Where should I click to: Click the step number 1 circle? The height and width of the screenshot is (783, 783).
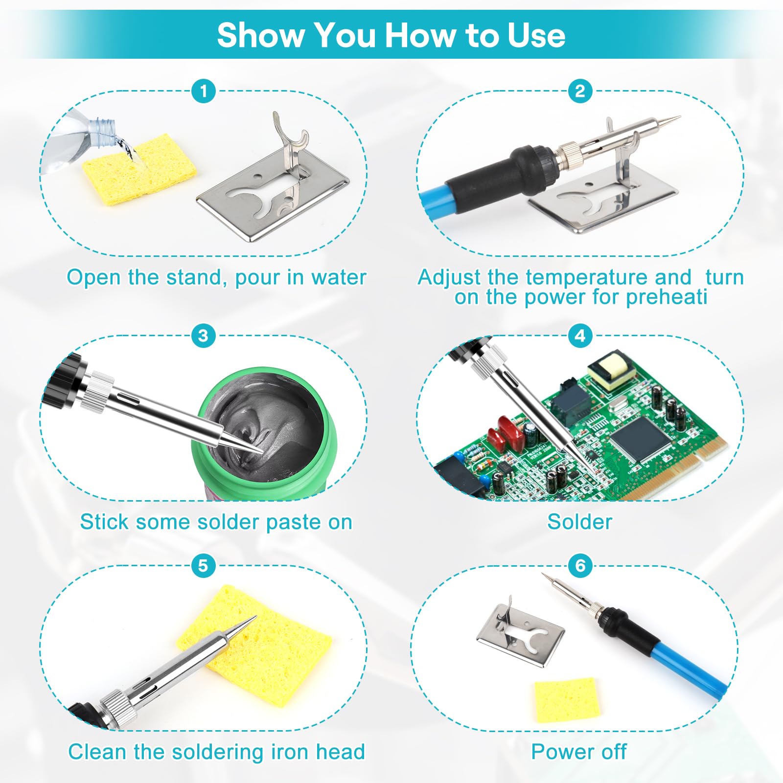[204, 91]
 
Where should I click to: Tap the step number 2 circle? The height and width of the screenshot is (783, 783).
[580, 91]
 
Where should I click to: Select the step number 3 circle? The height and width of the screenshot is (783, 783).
[204, 336]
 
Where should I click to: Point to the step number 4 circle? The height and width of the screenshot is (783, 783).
[580, 336]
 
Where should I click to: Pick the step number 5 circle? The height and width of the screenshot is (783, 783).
[204, 566]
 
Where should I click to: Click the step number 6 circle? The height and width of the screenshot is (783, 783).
[580, 566]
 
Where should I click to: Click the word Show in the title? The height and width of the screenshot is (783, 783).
[261, 35]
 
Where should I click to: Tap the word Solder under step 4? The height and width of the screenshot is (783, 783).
[580, 522]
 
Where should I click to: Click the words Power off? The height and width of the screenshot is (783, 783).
[579, 752]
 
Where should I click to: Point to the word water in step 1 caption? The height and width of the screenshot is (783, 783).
[339, 277]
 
